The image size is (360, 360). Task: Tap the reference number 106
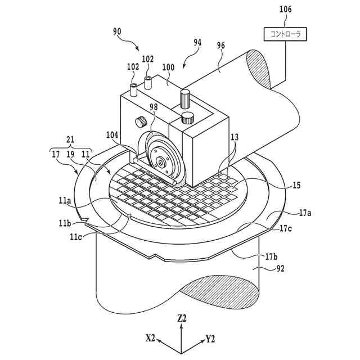286,10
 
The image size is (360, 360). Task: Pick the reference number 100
168,66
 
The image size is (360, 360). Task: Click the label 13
234,137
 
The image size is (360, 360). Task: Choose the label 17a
305,213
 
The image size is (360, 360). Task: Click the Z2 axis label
182,318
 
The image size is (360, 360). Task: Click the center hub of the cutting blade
162,162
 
